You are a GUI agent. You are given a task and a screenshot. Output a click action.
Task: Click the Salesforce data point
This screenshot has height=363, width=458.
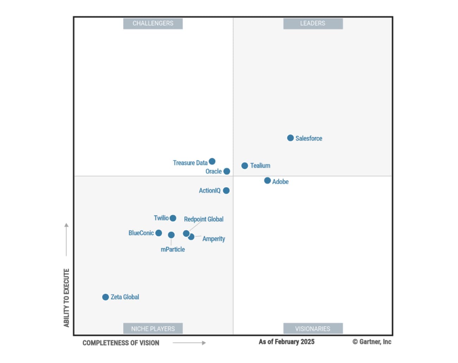(290, 138)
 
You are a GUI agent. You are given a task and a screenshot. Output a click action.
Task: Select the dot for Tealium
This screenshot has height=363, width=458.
(245, 166)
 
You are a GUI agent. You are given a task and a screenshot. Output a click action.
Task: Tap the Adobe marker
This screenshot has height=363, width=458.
(267, 181)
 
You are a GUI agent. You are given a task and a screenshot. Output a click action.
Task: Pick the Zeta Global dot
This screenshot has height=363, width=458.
(105, 297)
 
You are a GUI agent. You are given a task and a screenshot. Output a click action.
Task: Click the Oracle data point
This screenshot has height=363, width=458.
(227, 171)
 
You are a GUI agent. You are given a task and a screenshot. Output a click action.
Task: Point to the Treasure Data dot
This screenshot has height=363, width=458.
(212, 161)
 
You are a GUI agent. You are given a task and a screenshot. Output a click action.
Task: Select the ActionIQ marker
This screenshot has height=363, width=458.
(226, 191)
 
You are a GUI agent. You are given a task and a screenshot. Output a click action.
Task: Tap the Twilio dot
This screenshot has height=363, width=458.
(173, 218)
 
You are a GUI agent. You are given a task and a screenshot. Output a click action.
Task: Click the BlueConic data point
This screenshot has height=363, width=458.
(159, 233)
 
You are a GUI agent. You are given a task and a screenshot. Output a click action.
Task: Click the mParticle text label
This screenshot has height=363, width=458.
(173, 249)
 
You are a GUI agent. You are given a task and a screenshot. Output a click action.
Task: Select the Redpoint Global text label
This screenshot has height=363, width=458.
(204, 219)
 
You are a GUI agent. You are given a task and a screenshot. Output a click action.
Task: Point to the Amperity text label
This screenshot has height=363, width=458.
(213, 239)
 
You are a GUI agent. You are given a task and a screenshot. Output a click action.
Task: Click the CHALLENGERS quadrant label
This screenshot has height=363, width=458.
(153, 23)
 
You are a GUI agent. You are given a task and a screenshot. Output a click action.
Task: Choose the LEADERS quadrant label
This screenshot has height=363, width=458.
(313, 23)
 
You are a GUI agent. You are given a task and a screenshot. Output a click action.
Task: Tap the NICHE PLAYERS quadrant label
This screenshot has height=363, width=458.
(153, 329)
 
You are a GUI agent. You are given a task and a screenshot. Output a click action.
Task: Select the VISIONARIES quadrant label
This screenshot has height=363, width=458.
(313, 329)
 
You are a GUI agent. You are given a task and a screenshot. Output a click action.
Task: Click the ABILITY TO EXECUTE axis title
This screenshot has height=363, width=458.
(67, 298)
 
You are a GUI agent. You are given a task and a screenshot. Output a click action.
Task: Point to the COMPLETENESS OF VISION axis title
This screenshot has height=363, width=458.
(121, 343)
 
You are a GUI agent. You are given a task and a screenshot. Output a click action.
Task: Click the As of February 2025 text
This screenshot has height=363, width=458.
(286, 342)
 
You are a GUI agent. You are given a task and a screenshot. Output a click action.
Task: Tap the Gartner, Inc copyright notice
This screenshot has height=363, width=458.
(372, 342)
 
